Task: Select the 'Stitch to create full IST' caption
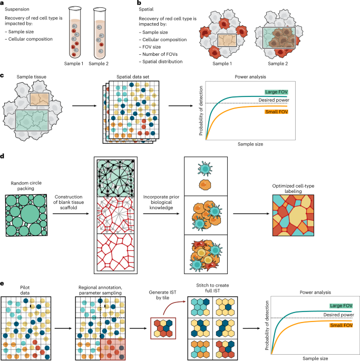(x=213, y=290)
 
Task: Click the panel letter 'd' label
(x=3, y=156)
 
